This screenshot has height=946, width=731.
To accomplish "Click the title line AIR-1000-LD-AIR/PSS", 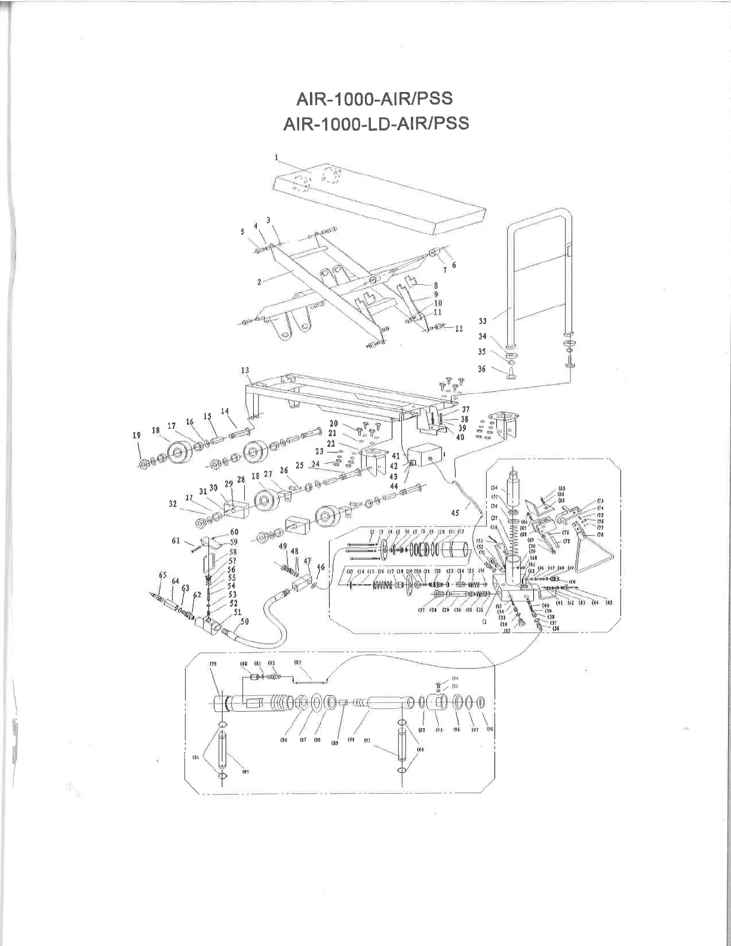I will tap(374, 123).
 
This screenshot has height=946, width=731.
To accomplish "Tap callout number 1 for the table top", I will tap(277, 157).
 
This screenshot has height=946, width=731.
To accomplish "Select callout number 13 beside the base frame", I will tap(245, 371).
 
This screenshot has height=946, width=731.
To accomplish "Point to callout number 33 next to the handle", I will tap(482, 321).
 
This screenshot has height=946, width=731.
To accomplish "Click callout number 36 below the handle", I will tap(482, 369).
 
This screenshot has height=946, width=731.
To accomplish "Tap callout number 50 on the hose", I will tap(244, 622).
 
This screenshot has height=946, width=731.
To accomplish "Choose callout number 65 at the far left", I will tap(162, 575).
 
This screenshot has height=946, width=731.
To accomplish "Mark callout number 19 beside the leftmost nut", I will tap(137, 435).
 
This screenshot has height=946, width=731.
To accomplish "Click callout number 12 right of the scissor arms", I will tap(459, 328).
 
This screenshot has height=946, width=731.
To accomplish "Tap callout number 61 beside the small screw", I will tap(176, 540).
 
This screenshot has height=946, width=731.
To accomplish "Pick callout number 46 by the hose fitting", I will tap(321, 567).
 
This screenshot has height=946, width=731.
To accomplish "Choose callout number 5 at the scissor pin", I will tap(242, 232).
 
